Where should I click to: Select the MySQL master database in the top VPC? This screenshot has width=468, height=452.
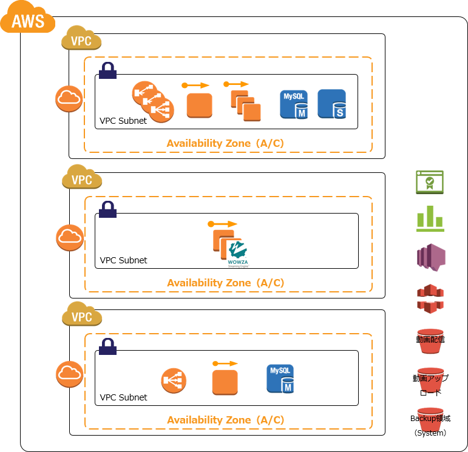coord(294,104)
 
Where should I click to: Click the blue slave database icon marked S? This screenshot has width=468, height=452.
coord(332,104)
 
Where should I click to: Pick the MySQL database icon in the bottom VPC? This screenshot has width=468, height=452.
coord(280,379)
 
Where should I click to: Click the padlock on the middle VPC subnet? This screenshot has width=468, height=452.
coord(108,209)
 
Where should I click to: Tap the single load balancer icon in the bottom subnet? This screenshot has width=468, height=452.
coord(174,380)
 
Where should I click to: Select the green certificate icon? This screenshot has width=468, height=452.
coord(430,182)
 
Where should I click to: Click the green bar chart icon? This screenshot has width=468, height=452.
coord(430,218)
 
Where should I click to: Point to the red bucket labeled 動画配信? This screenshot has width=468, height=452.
coord(430,341)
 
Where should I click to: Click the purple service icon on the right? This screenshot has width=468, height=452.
coord(430,257)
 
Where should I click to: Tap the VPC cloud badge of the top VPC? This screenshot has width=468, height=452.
coord(81,39)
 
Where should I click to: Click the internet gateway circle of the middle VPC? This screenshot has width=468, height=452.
coord(69,237)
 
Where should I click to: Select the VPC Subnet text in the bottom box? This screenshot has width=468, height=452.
coord(123,397)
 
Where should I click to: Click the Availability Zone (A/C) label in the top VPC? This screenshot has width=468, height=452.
coord(225,144)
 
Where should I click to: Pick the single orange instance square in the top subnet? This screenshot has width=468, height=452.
coord(199,105)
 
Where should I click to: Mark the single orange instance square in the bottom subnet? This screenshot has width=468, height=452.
coord(225,382)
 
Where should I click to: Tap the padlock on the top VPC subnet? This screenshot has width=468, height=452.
coord(108,70)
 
